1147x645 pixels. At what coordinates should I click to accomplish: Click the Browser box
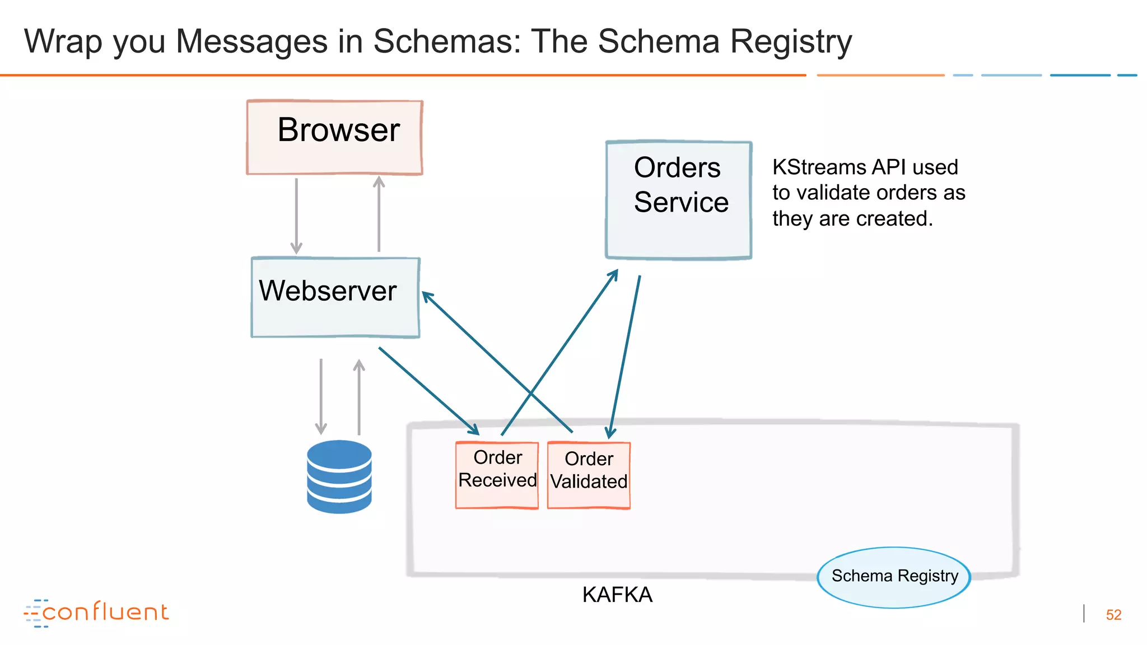334,138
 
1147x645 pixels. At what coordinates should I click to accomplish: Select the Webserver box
335,297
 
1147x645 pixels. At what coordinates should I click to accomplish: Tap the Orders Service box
678,200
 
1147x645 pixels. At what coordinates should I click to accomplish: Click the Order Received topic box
497,475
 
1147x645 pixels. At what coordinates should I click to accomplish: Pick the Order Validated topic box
589,475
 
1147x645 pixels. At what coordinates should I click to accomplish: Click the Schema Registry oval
894,577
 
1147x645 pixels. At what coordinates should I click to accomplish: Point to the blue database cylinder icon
339,476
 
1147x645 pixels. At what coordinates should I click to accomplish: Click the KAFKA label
617,595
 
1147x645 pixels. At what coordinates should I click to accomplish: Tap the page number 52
1113,615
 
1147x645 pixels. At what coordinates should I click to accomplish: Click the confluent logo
96,613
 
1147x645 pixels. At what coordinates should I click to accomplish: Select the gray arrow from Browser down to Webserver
296,216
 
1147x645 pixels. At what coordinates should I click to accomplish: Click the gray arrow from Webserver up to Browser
379,214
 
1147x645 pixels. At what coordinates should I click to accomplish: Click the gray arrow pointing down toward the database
321,396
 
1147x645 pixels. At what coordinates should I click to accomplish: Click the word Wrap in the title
63,43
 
